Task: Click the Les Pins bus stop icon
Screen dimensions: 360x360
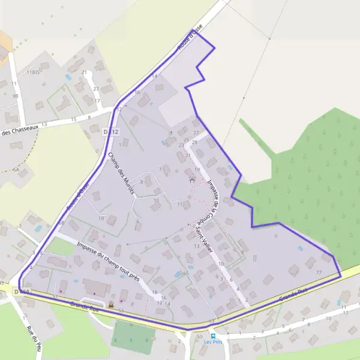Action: tap(214, 336)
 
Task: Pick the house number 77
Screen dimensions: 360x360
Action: tap(319, 273)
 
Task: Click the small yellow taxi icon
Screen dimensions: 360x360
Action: tap(111, 304)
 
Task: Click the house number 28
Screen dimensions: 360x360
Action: tap(194, 141)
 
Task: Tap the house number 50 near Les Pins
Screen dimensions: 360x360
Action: tap(199, 336)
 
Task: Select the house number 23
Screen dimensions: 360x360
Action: tap(181, 145)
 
